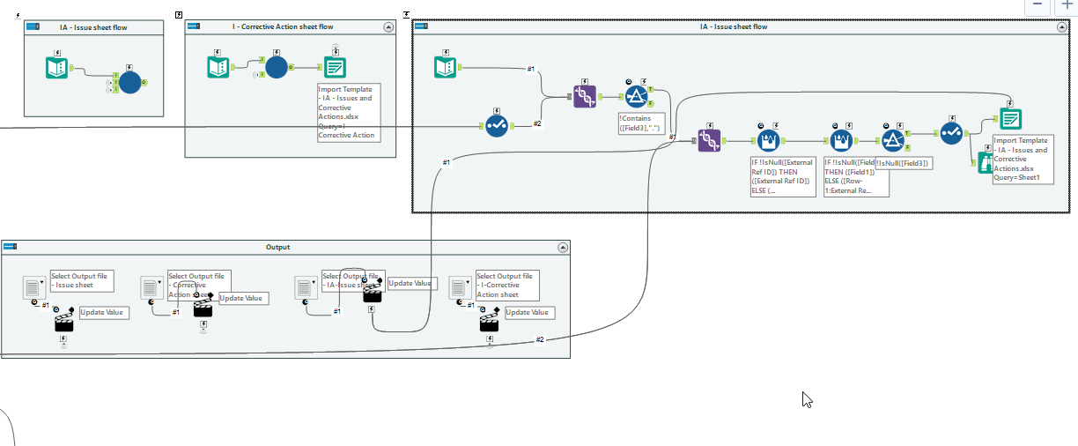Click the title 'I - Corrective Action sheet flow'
point(283,27)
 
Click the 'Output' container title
point(278,248)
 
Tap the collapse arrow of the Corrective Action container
point(388,27)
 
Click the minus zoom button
point(1037,4)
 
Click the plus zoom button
point(1067,4)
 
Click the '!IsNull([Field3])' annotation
point(904,163)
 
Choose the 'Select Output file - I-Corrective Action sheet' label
point(507,286)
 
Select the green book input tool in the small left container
point(57,68)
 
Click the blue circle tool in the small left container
point(129,83)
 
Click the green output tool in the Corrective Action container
point(335,67)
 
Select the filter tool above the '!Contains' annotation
point(637,96)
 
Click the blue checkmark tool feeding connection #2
point(496,126)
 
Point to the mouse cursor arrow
point(806,398)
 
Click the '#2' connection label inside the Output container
point(541,339)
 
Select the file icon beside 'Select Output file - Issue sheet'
point(33,286)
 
